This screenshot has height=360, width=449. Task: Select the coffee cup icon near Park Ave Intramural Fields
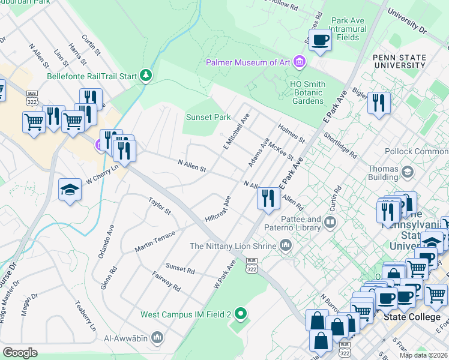(320, 40)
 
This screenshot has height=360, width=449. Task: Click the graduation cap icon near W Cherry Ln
(70, 190)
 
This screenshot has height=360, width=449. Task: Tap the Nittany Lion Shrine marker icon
(286, 245)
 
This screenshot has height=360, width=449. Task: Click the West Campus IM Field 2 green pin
(241, 314)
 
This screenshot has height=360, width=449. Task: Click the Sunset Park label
(208, 117)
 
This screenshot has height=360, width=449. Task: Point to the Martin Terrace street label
(154, 241)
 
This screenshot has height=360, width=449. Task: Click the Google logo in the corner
(20, 353)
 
